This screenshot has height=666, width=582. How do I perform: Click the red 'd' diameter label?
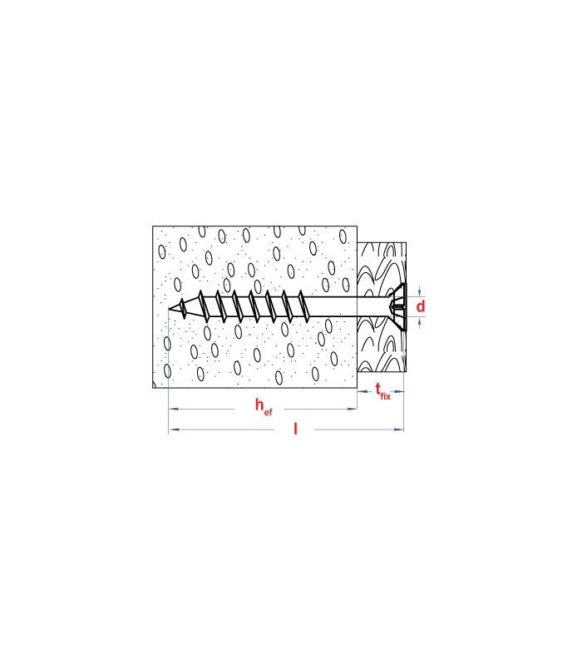coord(421,306)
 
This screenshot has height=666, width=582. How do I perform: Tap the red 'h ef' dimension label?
coord(264,405)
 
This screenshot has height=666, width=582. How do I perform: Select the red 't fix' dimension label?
coord(382,391)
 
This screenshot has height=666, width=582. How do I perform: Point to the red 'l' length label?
coord(295,429)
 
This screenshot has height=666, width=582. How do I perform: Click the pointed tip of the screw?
coord(170,308)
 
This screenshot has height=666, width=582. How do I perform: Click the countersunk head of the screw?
coord(399,306)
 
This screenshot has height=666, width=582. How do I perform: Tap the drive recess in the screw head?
coord(398,306)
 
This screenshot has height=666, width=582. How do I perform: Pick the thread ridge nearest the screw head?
coord(303,306)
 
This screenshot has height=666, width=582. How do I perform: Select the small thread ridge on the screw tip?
coord(182,308)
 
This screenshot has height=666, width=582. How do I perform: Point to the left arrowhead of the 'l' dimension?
coord(174,430)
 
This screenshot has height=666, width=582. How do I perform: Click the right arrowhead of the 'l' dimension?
coord(399,430)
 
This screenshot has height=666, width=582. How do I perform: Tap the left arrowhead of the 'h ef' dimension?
coord(174,409)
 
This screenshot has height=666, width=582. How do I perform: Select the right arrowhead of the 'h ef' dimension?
coord(352,409)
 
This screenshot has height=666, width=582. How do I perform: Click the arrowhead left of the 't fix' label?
coord(363,391)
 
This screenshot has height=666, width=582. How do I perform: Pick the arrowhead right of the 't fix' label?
coord(399,391)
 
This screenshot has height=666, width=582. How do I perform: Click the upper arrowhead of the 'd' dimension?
coord(420,291)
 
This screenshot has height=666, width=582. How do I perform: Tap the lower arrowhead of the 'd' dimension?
coord(420,322)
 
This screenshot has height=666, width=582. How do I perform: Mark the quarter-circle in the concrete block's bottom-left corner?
coord(155,384)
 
